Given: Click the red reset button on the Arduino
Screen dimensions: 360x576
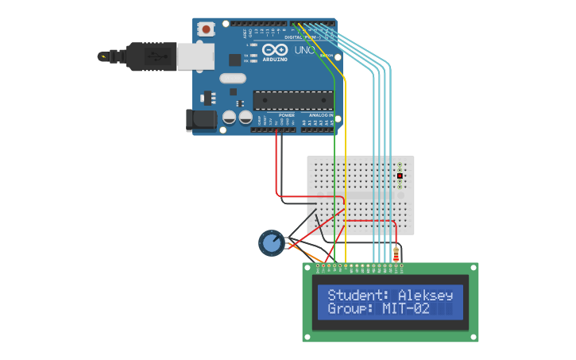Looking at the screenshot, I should point(207,29).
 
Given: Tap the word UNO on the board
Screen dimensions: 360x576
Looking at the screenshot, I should point(305,50).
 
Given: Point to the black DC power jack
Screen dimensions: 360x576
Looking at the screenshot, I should point(201,120).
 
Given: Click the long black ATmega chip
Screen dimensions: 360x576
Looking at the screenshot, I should point(292,100).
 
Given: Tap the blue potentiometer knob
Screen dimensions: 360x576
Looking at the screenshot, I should point(272,242).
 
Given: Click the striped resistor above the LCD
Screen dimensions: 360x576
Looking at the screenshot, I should point(396,254).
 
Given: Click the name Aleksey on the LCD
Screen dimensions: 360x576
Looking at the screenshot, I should point(425,295).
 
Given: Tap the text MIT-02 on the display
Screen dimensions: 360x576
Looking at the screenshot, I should point(406,308).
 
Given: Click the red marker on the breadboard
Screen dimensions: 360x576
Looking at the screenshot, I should point(400,176).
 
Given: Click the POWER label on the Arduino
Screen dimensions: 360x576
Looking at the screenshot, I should point(287,115).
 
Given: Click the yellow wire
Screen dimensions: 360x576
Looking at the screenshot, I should point(345,159).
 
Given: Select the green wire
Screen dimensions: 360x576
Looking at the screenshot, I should point(335,159).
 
